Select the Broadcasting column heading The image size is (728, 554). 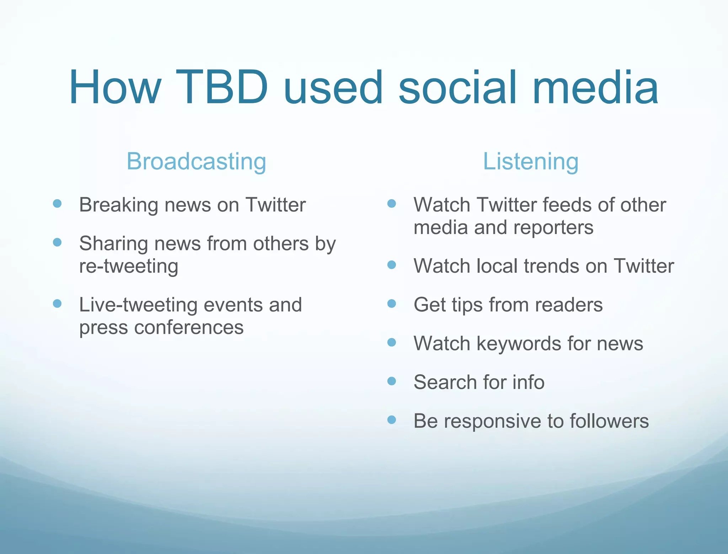196,162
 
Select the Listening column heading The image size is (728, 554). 530,162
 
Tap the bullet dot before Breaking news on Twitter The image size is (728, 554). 57,203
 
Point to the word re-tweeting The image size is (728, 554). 128,266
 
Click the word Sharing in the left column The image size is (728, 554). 113,244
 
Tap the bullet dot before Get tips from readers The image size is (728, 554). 391,304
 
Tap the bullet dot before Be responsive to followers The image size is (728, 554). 391,420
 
